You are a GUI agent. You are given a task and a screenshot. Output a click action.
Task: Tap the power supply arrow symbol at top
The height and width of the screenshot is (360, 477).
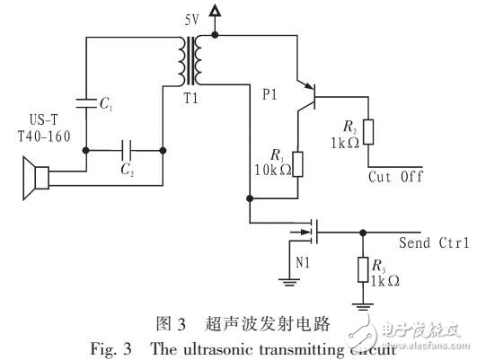[x=214, y=12]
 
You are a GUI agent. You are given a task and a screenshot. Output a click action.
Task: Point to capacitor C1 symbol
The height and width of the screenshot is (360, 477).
[x=85, y=102]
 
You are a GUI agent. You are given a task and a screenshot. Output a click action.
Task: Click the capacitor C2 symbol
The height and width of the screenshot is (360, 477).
[x=125, y=150]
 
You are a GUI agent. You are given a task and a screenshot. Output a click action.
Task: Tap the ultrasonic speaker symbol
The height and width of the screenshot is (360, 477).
[x=34, y=179]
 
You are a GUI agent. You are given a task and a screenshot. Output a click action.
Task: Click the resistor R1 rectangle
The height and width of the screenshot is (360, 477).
[x=298, y=164]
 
